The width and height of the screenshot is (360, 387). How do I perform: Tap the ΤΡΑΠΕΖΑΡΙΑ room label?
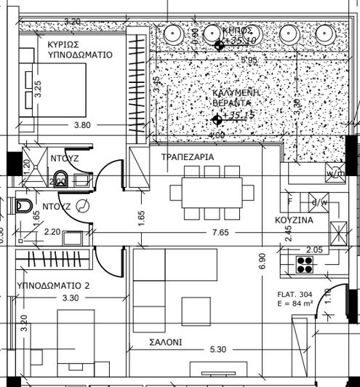pos(187,156)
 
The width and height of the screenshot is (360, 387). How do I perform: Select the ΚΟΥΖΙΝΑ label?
pos(294,219)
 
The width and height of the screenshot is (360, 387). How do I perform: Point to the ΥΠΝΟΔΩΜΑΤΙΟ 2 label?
pos(52,285)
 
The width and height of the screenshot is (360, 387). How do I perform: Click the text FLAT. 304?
pos(294,295)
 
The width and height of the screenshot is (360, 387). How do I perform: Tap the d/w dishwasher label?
pos(319,202)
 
